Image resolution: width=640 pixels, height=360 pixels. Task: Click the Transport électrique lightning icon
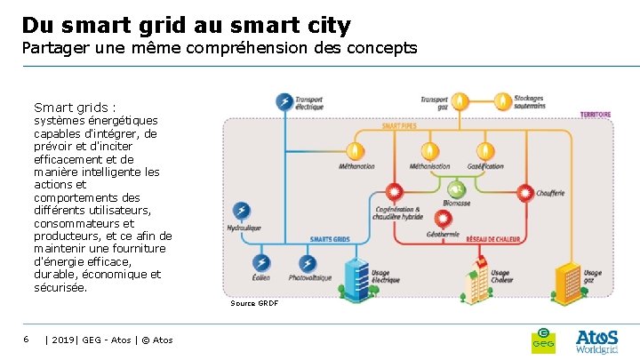284,102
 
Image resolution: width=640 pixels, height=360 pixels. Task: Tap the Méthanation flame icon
356,149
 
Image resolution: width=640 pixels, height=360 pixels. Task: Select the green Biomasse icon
457,189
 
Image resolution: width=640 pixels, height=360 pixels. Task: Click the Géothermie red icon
442,217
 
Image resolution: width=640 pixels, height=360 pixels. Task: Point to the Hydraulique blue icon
241,211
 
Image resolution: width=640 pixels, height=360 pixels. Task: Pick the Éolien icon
261,263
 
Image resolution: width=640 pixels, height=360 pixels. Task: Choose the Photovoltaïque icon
308,263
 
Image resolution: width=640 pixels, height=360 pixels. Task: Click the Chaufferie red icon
525,191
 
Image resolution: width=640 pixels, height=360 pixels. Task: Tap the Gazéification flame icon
484,149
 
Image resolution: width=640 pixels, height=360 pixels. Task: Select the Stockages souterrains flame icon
503,101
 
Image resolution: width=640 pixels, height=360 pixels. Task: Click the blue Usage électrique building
356,275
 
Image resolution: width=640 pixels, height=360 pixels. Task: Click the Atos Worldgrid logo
596,341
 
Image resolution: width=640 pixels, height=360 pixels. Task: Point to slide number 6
27,339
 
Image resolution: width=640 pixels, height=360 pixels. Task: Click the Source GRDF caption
254,303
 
